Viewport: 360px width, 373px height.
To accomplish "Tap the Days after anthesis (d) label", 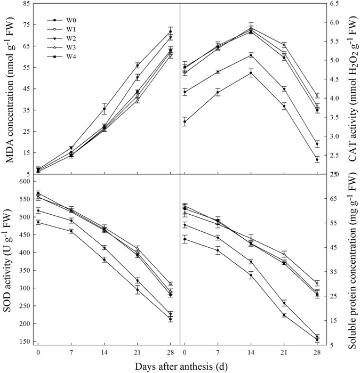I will tap(180, 367).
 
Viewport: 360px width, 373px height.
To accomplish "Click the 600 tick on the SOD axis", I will tap(22, 182).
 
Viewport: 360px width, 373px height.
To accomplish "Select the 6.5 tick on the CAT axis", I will tap(339, 3).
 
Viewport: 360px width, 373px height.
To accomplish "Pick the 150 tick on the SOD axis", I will tap(22, 342).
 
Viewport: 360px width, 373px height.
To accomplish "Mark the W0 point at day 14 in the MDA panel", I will tap(104, 109).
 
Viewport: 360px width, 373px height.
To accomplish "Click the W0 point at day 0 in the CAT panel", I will tap(185, 121).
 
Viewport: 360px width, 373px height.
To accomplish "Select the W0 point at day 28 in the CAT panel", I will tap(317, 159).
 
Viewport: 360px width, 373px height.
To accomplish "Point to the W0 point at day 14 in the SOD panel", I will tap(104, 260).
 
